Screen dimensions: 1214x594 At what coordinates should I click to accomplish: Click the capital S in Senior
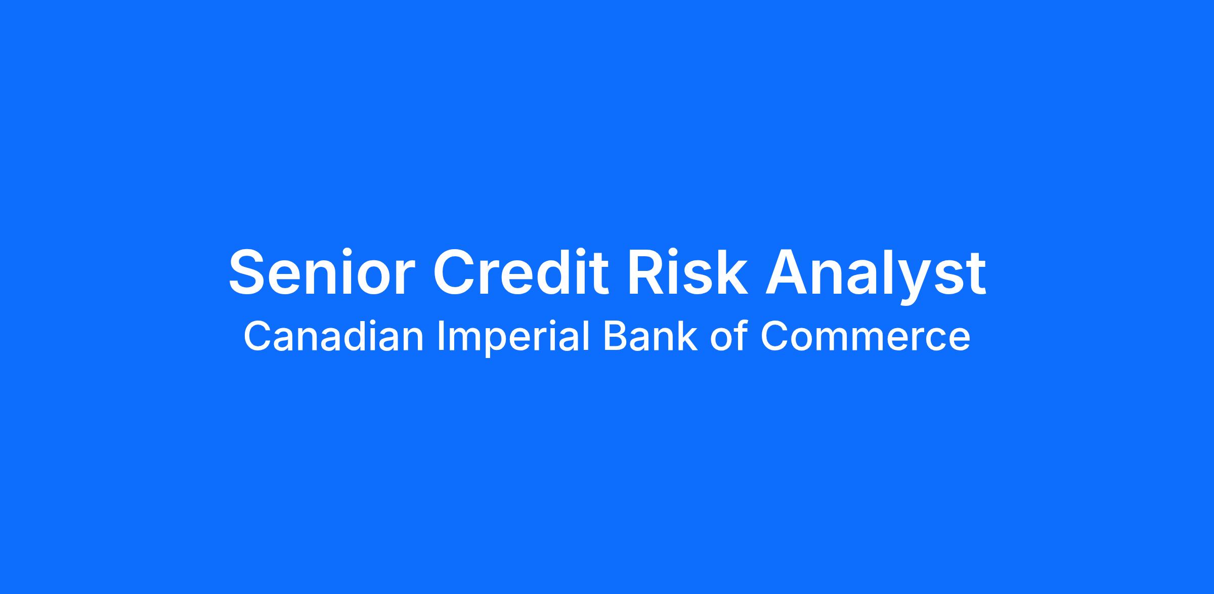point(249,272)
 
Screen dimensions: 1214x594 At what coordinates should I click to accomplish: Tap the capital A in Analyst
point(787,272)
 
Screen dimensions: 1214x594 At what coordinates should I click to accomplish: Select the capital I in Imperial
point(440,336)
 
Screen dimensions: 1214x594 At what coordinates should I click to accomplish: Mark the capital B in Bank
point(615,336)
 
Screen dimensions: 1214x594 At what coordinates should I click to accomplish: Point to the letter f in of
point(741,336)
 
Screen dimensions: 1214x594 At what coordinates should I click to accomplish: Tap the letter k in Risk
point(730,272)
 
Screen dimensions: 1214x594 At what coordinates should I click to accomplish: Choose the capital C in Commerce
point(774,336)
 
